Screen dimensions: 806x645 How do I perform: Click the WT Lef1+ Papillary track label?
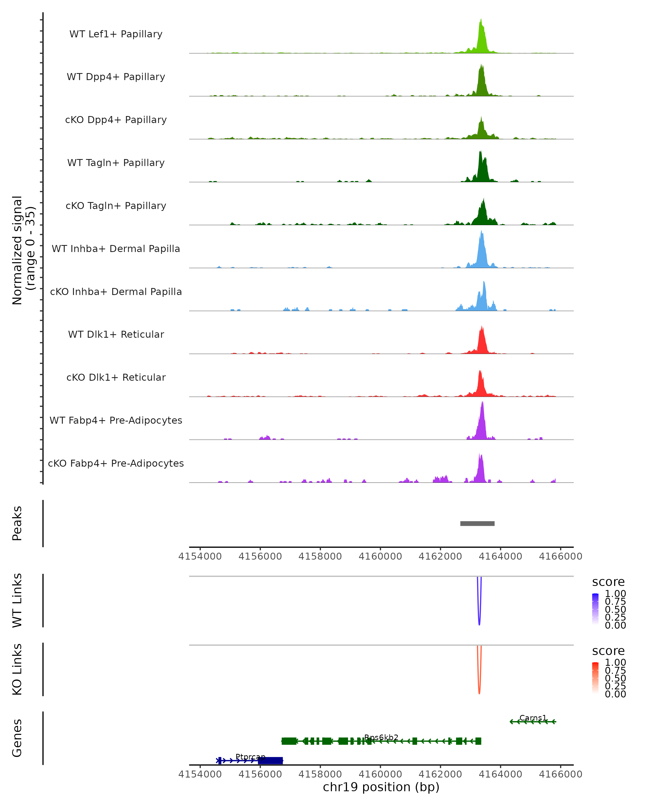coord(116,34)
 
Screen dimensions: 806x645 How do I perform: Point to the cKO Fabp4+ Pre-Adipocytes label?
coord(116,463)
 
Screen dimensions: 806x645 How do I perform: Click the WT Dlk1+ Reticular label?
coord(116,334)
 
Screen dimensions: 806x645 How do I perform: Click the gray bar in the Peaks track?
coord(477,523)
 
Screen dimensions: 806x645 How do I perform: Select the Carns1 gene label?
coord(533,718)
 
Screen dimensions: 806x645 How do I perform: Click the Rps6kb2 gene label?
coord(381,737)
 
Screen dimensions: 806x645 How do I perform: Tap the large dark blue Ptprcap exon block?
coord(271,760)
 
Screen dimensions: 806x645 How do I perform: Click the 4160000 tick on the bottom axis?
coord(380,774)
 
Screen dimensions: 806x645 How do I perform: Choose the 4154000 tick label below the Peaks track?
coord(200,556)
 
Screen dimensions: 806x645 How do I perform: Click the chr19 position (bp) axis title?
coord(381,787)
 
